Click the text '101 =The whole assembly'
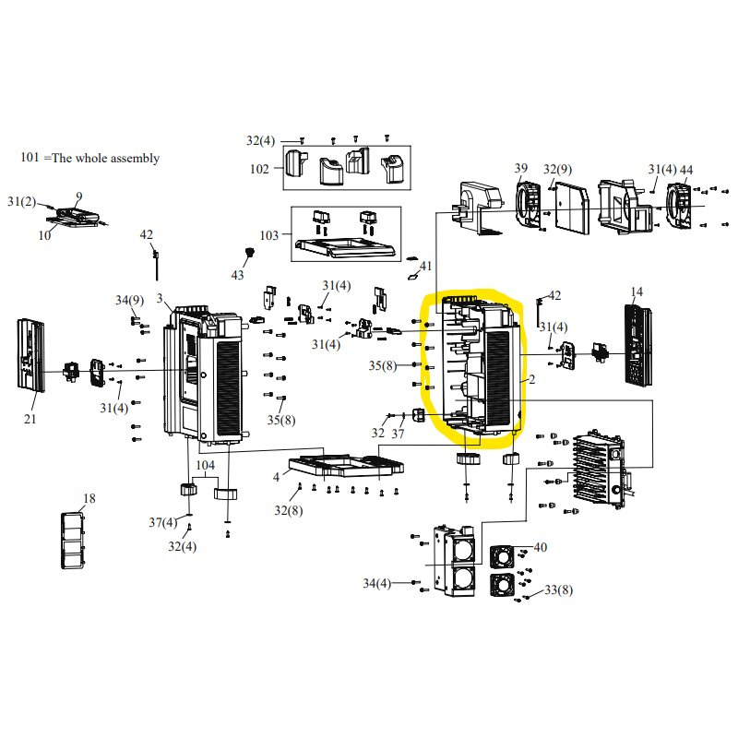pos(89,158)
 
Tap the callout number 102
pos(259,169)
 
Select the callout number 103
pos(268,235)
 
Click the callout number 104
pos(205,466)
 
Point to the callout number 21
pos(30,420)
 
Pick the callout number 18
pos(89,499)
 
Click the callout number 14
pos(637,292)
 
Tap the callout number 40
pos(540,547)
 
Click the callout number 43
pos(238,276)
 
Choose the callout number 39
pos(521,168)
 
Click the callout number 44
pos(686,170)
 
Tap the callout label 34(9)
pos(129,300)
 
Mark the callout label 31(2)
pos(21,201)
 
